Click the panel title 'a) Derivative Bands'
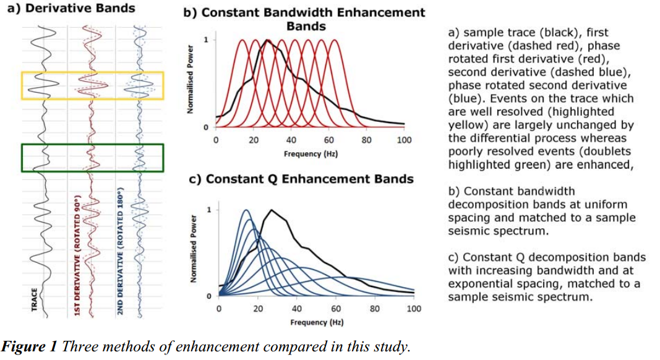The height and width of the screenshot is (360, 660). click(71, 9)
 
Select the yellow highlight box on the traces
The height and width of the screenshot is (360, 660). click(93, 73)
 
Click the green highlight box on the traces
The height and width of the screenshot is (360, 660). click(93, 145)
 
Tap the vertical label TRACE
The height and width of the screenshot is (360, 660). click(35, 299)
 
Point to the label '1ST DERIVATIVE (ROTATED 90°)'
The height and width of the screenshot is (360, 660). click(77, 255)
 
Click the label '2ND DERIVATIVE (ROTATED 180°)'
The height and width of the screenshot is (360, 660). click(120, 251)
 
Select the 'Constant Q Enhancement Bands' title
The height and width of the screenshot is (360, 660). click(301, 179)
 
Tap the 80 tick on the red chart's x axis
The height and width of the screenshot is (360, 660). click(366, 140)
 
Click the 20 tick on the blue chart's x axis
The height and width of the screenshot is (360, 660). click(258, 309)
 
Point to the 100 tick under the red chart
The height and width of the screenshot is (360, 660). click(404, 140)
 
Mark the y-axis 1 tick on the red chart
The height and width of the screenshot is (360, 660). click(206, 40)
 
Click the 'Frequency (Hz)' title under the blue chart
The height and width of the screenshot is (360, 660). click(317, 322)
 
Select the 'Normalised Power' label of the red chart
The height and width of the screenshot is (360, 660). click(191, 79)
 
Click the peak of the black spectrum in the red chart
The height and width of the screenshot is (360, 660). click(267, 40)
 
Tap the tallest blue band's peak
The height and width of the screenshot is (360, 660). click(246, 210)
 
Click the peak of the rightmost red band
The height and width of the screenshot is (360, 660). click(335, 40)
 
